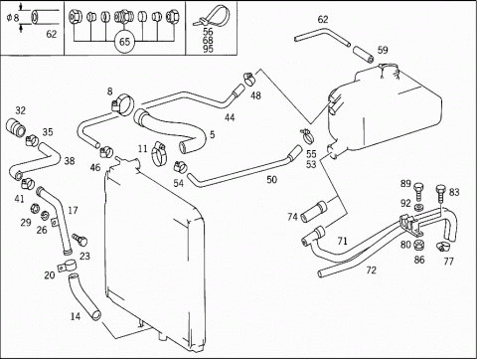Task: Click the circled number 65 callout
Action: [x=124, y=42]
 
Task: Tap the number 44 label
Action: [x=230, y=117]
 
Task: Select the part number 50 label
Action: [x=271, y=180]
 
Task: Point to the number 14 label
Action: [x=76, y=316]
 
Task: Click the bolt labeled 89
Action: [x=418, y=192]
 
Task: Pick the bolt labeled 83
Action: [x=440, y=193]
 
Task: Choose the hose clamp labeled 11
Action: [x=159, y=153]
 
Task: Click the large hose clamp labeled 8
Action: [x=122, y=104]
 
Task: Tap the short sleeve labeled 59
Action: [x=364, y=55]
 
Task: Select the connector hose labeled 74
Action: [x=313, y=211]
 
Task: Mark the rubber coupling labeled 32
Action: [x=15, y=127]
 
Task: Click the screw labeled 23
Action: [x=79, y=239]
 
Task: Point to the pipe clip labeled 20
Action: [x=68, y=266]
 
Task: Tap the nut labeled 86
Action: [x=418, y=246]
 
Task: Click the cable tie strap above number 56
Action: [x=212, y=16]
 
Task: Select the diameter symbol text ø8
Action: [x=13, y=17]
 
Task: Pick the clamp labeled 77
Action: [x=443, y=246]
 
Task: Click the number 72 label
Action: [x=372, y=270]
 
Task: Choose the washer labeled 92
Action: [x=418, y=208]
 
